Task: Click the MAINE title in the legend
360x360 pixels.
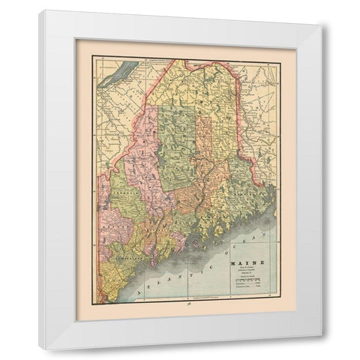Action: click(x=239, y=264)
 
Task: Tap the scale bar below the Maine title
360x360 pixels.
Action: click(x=241, y=280)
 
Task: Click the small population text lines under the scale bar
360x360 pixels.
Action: click(x=241, y=288)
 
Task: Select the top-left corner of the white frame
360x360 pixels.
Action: click(x=40, y=10)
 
